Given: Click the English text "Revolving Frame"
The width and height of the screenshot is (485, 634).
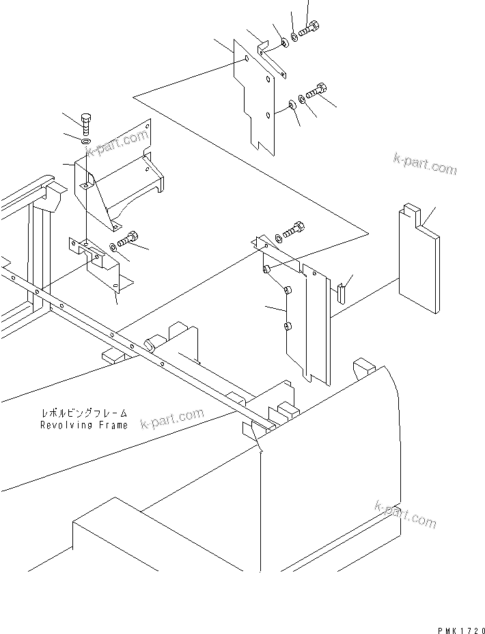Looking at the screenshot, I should (83, 425).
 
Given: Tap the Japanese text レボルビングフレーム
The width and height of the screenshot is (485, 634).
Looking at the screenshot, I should (83, 414).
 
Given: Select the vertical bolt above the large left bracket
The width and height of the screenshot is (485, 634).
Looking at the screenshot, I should (85, 124).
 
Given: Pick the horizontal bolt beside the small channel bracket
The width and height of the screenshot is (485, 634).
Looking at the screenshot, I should (128, 240).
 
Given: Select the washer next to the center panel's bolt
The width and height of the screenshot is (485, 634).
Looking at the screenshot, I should (279, 238).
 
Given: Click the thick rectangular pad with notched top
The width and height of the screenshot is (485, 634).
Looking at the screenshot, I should (418, 260).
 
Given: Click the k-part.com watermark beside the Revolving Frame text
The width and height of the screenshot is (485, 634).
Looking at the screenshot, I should (172, 418).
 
